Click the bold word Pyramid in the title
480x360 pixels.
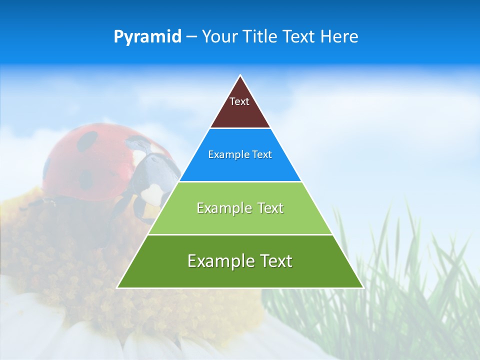[147, 37]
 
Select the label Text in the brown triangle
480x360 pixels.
[239, 101]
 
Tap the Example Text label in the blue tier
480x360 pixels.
[240, 154]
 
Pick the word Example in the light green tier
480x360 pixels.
[222, 208]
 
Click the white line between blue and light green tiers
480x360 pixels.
[240, 181]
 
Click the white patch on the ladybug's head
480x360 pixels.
[154, 193]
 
